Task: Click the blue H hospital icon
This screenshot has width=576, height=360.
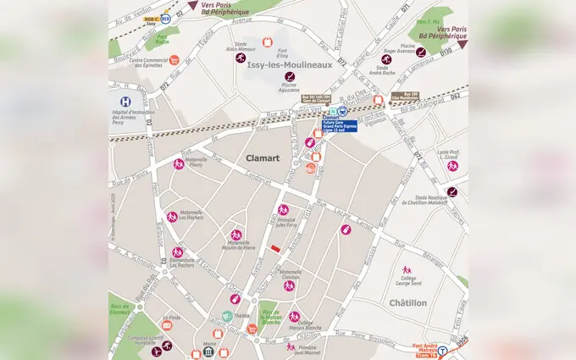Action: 126,101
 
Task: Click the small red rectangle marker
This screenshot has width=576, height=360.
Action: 275,247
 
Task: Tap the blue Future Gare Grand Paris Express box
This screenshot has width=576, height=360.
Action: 340,125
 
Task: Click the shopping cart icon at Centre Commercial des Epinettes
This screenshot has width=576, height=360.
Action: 174,60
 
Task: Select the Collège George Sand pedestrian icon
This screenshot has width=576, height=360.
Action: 406,273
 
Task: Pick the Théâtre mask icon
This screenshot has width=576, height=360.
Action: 228,316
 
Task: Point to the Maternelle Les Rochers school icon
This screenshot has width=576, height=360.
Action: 172,216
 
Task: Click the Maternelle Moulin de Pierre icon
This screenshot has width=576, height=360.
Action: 235,234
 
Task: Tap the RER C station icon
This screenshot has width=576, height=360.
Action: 165,17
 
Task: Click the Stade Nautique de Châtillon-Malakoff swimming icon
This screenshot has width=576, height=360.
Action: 452,191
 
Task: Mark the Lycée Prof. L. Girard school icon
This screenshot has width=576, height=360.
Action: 452,165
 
